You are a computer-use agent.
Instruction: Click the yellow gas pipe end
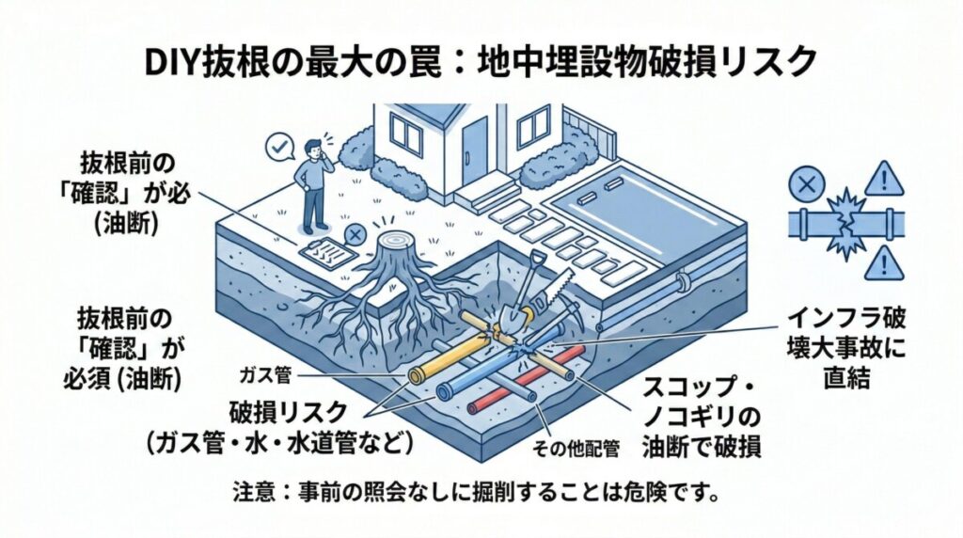(x=415, y=375)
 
